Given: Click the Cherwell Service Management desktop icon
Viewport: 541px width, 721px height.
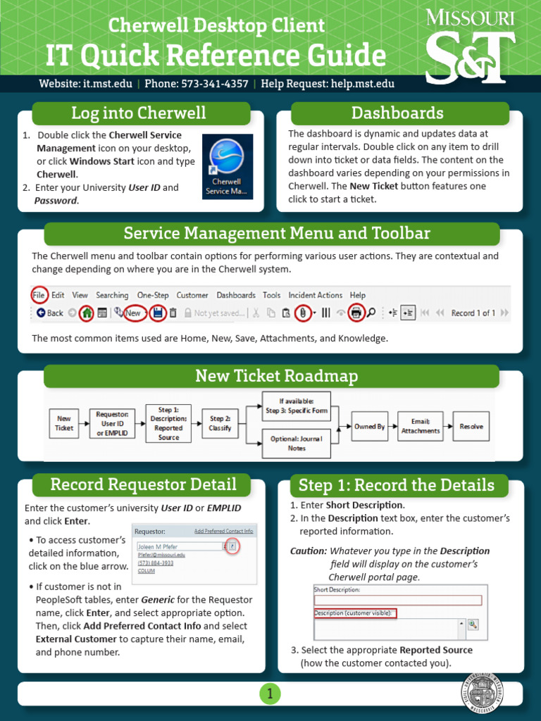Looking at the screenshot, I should tap(227, 166).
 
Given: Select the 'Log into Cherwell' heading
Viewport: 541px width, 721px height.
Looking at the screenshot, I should tap(139, 113).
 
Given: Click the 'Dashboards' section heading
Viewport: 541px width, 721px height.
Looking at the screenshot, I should tap(397, 113).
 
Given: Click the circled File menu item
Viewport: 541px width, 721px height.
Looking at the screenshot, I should tap(39, 295).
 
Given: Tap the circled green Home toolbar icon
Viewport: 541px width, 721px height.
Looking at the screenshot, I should tap(86, 313).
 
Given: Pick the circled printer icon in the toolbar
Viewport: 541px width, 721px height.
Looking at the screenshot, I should tap(356, 313).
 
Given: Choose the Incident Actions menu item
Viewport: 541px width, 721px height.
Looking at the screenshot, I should tap(315, 295).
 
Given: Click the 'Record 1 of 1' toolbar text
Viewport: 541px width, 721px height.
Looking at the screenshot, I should tap(473, 313).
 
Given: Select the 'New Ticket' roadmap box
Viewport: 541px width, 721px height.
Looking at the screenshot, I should tap(64, 423).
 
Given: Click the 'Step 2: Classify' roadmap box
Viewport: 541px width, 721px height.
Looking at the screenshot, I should tap(220, 423).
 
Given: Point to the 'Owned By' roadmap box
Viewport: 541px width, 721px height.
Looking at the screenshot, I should tap(369, 427).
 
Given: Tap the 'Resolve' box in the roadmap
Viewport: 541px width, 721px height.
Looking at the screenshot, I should tap(471, 427).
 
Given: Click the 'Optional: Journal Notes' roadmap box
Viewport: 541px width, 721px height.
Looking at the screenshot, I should tap(297, 443).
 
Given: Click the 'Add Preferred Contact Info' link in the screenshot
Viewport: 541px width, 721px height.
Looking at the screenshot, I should tap(223, 531).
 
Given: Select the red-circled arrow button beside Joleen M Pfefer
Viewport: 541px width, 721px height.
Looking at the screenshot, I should tap(233, 546).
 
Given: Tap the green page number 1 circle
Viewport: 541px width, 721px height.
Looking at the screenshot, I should tap(270, 694).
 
